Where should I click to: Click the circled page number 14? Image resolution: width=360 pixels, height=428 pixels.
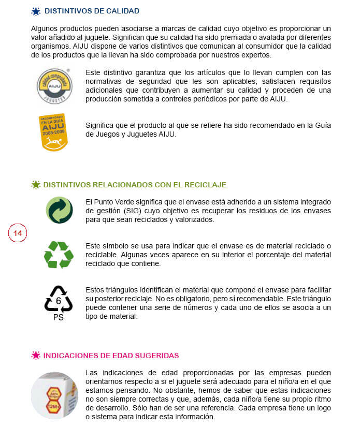click(18, 233)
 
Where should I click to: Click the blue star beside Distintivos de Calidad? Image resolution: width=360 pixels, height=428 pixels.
click(36, 11)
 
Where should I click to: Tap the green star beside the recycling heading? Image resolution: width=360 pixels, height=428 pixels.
click(36, 185)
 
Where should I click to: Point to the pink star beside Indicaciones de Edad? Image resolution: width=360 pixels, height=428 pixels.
click(36, 355)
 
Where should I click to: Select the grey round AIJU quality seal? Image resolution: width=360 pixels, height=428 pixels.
click(54, 82)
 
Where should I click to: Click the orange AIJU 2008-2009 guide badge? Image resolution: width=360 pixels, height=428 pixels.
click(53, 132)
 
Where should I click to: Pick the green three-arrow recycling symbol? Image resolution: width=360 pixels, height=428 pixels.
click(59, 255)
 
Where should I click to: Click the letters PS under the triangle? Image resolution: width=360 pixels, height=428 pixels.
click(59, 317)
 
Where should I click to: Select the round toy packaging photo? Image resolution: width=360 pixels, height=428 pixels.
click(54, 395)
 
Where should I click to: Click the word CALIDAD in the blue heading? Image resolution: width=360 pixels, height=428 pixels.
click(122, 11)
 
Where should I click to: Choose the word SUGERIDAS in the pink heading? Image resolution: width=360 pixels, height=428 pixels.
click(156, 356)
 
